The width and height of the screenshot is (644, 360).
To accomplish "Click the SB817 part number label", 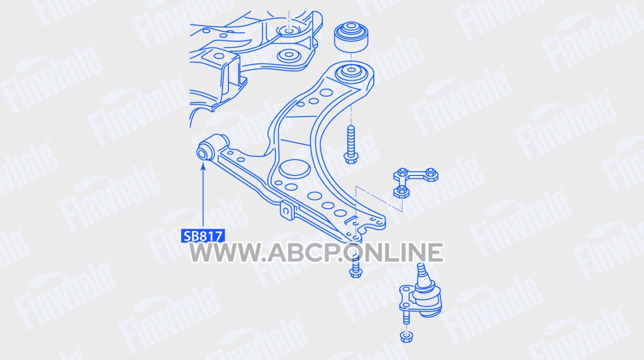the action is coord(203,236).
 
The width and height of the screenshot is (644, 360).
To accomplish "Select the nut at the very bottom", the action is coord(406,337).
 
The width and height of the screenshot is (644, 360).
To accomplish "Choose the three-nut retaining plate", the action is coord(416,182).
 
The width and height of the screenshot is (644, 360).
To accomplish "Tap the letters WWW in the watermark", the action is coord(226,252).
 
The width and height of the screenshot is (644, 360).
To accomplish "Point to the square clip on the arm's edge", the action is coord(287,211).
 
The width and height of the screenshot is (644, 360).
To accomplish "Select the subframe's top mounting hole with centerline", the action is coord(289,30).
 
